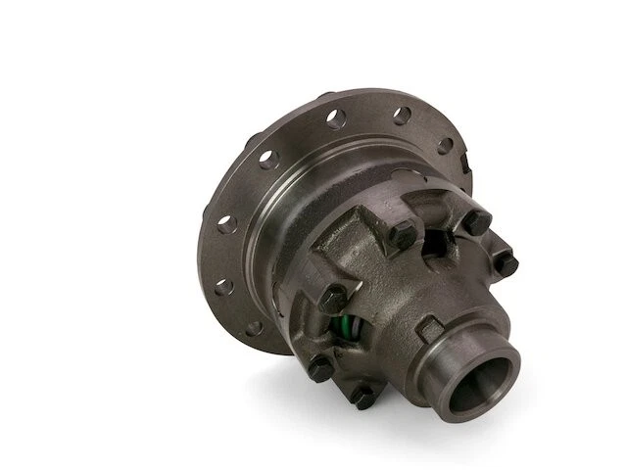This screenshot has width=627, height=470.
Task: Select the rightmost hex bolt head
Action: (x=505, y=260)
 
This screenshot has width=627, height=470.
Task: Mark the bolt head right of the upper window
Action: (x=477, y=222)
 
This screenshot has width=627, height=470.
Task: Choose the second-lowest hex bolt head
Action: (x=319, y=367)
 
